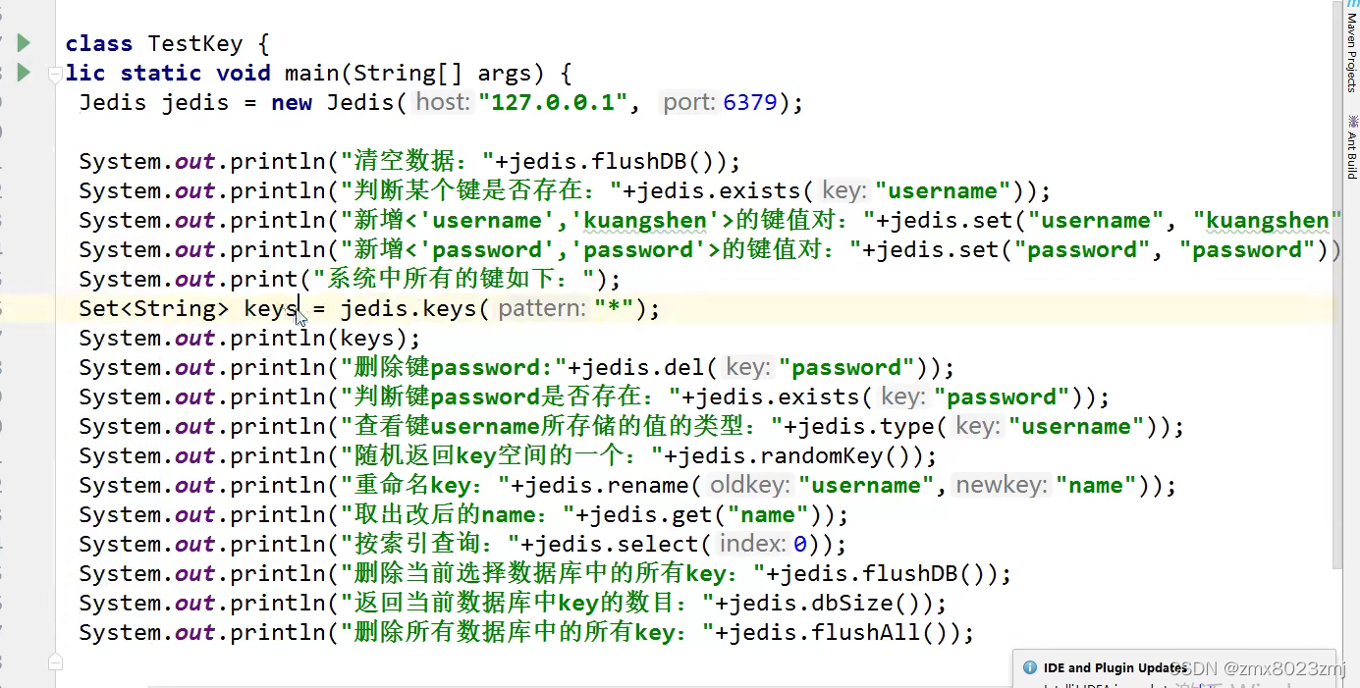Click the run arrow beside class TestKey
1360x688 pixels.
(24, 43)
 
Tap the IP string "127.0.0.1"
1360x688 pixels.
(553, 102)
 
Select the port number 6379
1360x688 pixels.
(750, 102)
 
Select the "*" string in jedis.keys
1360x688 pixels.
(613, 308)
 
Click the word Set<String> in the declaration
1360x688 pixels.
(153, 308)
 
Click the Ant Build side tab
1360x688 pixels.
(1351, 147)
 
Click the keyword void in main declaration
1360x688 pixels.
(243, 73)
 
